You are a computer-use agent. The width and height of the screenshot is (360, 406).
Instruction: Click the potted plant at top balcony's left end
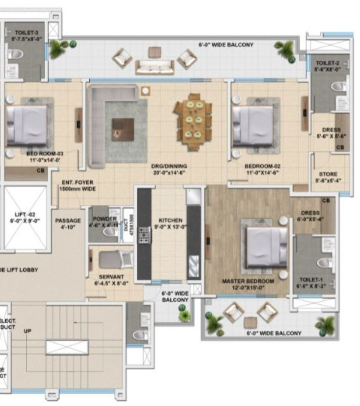[57, 50]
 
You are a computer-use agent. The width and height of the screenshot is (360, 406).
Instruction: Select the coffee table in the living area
[118, 128]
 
